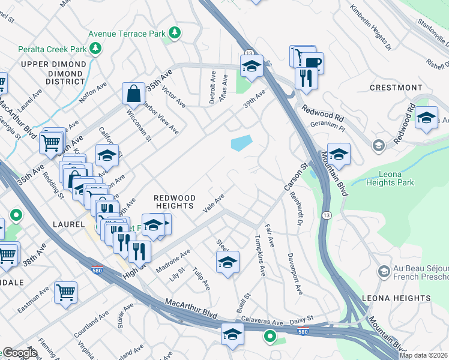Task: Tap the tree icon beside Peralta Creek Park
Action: coord(95,47)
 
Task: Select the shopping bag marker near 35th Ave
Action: coord(133,94)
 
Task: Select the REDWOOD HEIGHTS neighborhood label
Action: coord(175,202)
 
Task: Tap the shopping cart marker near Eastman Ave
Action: coord(65,293)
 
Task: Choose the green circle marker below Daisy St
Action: coord(271,338)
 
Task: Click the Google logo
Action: coord(20,353)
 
